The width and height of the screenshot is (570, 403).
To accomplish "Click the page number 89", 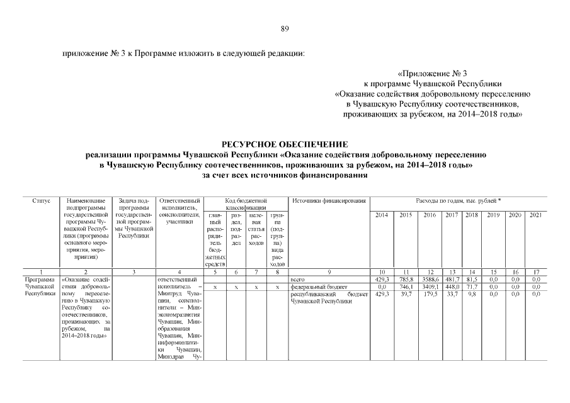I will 285,28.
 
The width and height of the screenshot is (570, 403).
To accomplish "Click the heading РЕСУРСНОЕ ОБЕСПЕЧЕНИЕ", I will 285,144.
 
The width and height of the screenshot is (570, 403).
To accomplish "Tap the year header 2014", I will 382,215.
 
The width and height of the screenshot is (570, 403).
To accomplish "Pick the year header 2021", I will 536,215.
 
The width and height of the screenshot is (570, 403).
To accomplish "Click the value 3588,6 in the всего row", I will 430,278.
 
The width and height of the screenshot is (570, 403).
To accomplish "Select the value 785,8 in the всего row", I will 406,278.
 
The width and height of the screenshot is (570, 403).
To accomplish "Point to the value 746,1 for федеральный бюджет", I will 406,286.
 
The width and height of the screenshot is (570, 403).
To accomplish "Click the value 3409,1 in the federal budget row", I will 430,286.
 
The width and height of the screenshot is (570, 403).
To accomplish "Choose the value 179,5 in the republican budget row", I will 430,293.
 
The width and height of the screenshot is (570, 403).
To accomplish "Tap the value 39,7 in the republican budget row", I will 406,293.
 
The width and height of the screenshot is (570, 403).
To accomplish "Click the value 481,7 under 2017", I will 452,278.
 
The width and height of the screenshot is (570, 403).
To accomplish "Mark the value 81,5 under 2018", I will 471,278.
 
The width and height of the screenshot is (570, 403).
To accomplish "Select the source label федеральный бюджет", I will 315,286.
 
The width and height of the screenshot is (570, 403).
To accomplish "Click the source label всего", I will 297,278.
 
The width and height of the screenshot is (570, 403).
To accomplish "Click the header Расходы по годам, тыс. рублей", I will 459,201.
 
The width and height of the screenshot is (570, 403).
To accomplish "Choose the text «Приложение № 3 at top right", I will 433,72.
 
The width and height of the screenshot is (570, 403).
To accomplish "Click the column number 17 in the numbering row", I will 536,271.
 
